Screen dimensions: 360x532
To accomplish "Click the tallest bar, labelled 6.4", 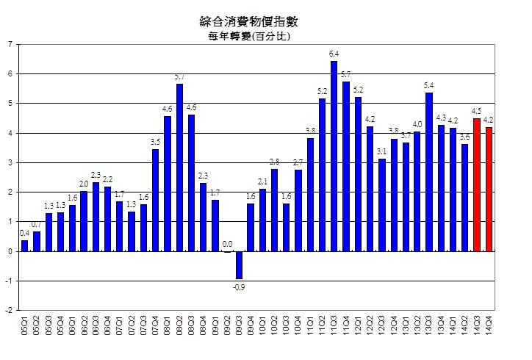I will click(x=334, y=156).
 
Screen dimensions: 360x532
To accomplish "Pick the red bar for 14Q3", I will click(x=476, y=184).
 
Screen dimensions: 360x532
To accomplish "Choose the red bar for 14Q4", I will click(x=489, y=189).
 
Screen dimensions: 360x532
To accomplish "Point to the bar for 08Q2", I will click(x=179, y=168).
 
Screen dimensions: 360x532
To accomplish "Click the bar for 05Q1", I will click(x=24, y=245).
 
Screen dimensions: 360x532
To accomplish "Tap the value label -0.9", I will click(x=240, y=287).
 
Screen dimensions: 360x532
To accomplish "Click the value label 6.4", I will click(x=334, y=54).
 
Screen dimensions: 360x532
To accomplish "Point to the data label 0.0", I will click(x=226, y=244).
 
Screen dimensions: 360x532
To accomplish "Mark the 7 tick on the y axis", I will click(x=10, y=44).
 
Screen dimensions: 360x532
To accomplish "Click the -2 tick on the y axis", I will click(x=8, y=310).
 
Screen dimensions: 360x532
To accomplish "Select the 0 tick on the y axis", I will click(x=10, y=251).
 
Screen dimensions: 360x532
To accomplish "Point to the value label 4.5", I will click(x=476, y=112).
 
